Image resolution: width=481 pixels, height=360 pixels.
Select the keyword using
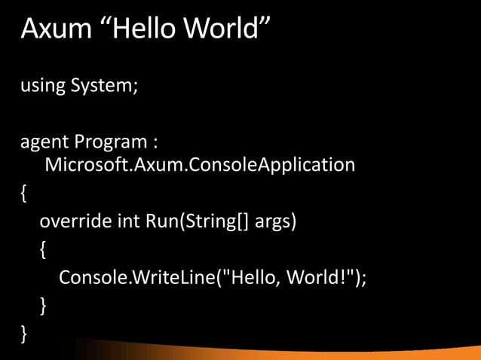pos(42,87)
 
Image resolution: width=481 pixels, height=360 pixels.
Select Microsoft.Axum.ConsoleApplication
pos(200,163)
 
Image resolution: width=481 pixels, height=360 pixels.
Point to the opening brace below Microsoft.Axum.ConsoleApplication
pos(24,194)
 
